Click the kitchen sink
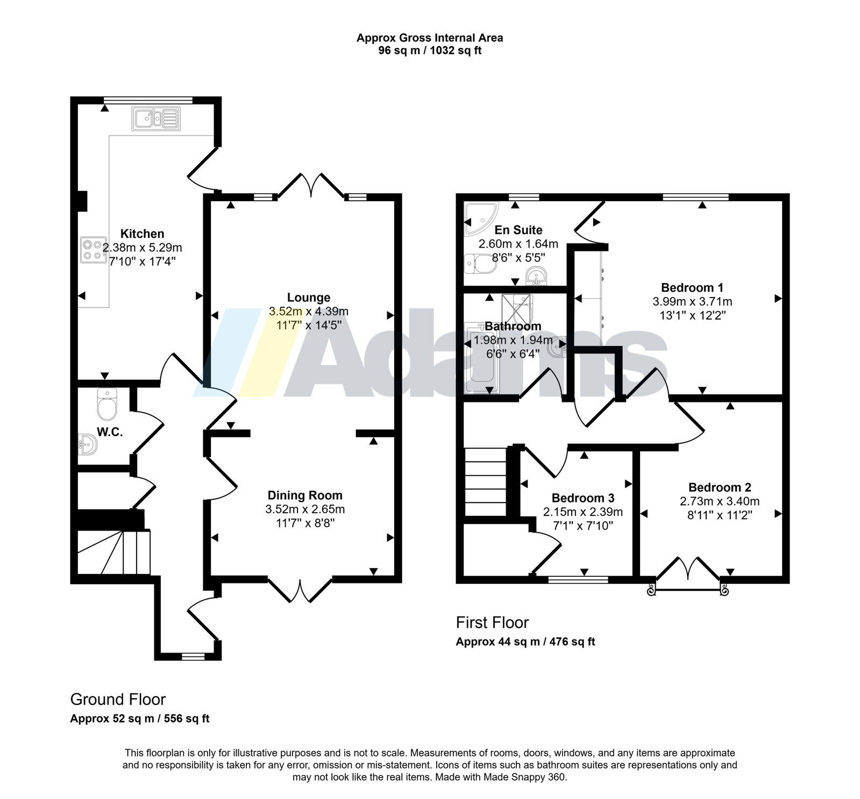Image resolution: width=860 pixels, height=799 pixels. tap(155, 118)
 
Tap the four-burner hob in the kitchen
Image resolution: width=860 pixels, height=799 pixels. tap(93, 250)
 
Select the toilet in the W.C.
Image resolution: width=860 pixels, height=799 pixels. tap(107, 405)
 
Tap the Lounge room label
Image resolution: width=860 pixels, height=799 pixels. tap(309, 298)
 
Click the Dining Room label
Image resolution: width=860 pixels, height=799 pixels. tap(305, 496)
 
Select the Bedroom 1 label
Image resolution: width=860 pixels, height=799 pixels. tap(692, 287)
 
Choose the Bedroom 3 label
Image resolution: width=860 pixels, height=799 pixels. tap(583, 498)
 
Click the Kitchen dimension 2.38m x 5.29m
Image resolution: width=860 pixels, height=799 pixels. tap(143, 248)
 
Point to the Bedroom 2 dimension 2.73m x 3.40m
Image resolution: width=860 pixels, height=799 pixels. tap(720, 501)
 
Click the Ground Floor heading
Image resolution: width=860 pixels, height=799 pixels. tap(118, 699)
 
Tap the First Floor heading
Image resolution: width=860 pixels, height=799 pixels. tap(492, 623)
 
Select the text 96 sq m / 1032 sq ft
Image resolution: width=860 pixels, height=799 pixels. tap(430, 51)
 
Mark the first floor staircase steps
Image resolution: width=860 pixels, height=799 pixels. tap(486, 482)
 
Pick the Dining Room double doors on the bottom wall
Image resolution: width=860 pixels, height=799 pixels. tap(300, 590)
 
